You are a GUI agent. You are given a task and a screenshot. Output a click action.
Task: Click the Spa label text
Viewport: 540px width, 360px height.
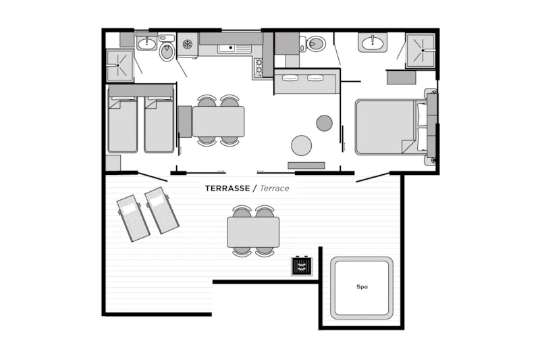coord(362,286)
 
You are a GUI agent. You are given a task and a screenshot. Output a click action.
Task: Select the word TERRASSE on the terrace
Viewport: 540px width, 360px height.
coord(227,188)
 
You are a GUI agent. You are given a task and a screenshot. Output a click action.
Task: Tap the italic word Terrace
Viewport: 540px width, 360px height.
coord(275,188)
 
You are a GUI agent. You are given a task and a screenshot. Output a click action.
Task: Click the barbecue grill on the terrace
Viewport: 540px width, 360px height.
coord(302,266)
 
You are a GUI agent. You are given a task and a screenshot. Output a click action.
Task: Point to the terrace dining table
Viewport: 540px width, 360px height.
coord(253,232)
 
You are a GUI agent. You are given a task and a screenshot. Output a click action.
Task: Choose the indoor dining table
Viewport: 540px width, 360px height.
coord(218,122)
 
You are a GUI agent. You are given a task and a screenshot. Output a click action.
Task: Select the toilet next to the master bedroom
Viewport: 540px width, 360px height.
coord(313,44)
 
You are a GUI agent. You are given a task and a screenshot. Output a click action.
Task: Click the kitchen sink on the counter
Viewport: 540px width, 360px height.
coord(234,49)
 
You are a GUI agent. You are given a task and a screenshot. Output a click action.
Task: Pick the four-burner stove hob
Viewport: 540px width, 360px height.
coord(259,67)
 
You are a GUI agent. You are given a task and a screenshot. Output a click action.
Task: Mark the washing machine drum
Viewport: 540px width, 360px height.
coord(187,44)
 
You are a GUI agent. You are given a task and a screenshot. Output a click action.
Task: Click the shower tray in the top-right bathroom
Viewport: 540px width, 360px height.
coord(421,50)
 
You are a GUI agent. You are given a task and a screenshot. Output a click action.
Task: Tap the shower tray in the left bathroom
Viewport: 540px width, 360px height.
coord(119,66)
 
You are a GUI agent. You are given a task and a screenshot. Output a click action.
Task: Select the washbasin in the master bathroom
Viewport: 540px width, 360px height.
coord(373,43)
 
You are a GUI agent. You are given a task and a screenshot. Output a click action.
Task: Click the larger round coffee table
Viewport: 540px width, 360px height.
coord(301,145)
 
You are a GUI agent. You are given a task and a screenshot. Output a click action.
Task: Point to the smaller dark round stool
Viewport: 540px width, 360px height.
coord(325,123)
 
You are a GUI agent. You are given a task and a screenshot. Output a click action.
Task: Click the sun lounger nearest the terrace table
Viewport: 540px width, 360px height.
coord(161,210)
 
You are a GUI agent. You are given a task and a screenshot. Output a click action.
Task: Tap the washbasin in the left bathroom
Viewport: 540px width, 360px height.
coord(147,43)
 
